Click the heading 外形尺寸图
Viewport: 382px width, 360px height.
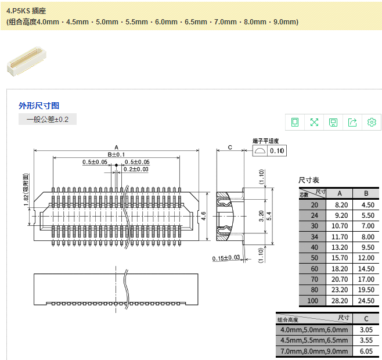point(39,106)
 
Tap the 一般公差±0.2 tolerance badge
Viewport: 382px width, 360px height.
point(48,120)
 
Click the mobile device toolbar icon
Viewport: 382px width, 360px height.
point(295,122)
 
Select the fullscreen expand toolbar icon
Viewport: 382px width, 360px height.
point(314,122)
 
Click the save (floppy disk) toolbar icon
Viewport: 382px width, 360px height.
point(333,122)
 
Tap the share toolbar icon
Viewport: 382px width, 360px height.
point(352,122)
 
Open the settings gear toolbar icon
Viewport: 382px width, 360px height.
point(372,122)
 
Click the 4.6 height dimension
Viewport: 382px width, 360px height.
point(204,215)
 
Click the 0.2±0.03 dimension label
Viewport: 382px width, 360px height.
point(136,169)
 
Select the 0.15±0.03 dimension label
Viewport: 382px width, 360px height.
point(226,258)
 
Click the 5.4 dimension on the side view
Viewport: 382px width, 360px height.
point(269,215)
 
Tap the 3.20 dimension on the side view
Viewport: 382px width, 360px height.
point(261,216)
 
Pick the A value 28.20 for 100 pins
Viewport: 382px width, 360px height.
point(340,301)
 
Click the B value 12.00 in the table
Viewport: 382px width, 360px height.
point(365,257)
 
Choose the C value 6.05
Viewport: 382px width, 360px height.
point(366,351)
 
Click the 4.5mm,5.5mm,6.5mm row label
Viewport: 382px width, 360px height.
point(313,340)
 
